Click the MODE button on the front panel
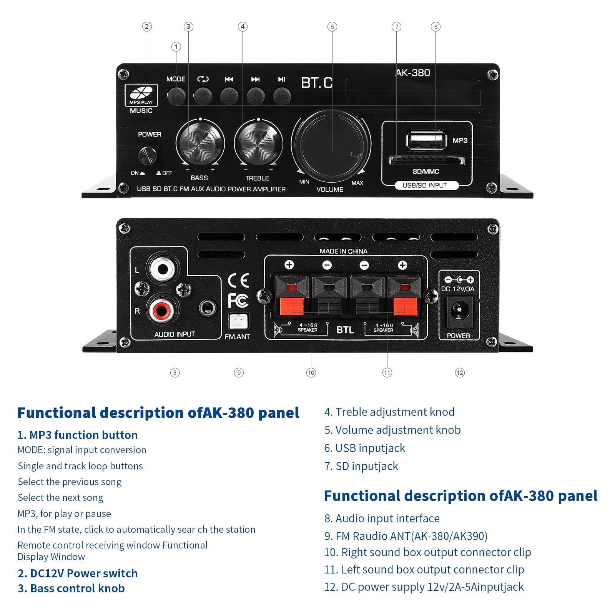click(176, 96)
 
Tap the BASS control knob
click(200, 143)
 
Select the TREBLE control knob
click(258, 143)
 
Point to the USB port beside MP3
click(427, 140)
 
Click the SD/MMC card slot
click(426, 160)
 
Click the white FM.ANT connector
click(239, 321)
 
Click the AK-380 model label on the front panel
click(412, 73)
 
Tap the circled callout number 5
click(332, 27)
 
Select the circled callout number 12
click(460, 372)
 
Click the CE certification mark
click(238, 281)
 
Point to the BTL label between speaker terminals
click(345, 330)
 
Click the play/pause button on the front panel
click(282, 96)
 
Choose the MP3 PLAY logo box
click(141, 95)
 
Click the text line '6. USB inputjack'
click(364, 448)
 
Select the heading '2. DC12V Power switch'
click(78, 573)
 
